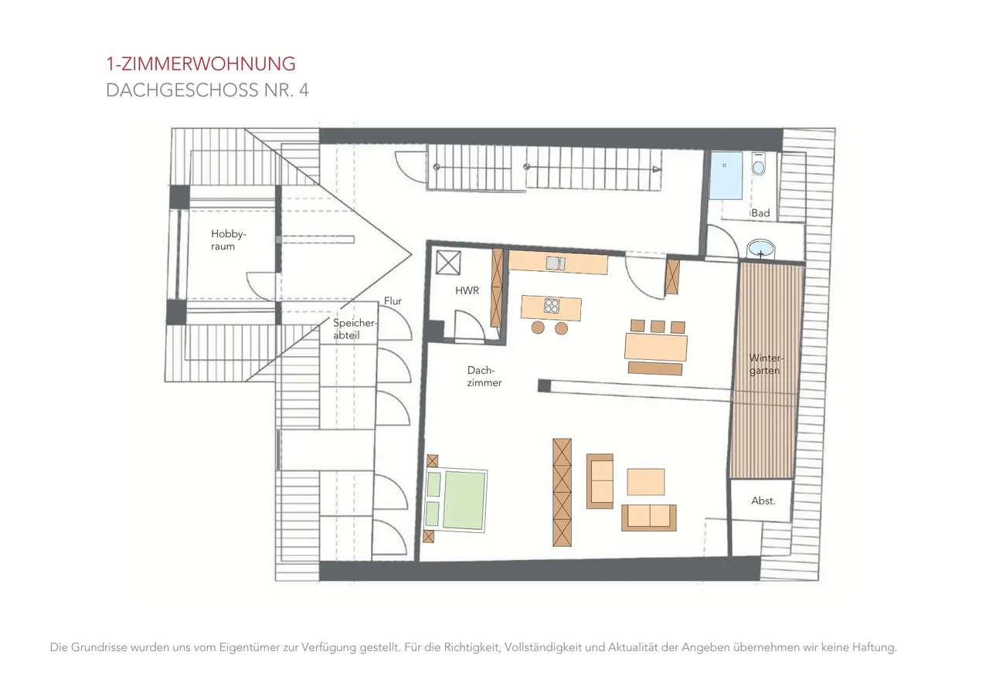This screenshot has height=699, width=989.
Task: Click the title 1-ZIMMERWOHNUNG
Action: pos(201,64)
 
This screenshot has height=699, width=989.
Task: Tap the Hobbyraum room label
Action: pos(228,240)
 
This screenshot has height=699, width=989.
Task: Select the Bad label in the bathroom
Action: pos(761,213)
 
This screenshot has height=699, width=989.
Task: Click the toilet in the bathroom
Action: pos(759,165)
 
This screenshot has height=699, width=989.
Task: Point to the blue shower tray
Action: pos(726,176)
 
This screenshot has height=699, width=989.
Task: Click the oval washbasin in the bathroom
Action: pos(761,249)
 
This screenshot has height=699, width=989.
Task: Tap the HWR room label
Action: pos(467,290)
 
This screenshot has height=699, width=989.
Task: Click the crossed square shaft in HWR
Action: pos(448,263)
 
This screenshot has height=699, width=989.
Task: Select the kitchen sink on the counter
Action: pos(556,263)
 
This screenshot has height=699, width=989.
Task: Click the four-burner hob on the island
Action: pos(552,306)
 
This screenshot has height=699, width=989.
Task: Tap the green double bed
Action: pos(456,500)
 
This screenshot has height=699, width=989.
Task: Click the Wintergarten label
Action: pos(766,364)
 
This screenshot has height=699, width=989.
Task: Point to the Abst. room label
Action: pos(763,500)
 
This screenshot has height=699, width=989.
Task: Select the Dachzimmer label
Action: pos(484,376)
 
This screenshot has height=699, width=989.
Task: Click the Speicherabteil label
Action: pos(355,329)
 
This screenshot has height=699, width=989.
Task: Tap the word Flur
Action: pos(393,301)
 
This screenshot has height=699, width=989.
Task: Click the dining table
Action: pos(656,348)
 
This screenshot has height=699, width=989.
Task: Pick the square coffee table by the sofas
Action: pos(645,482)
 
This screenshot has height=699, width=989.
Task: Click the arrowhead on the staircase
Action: pos(657,169)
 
